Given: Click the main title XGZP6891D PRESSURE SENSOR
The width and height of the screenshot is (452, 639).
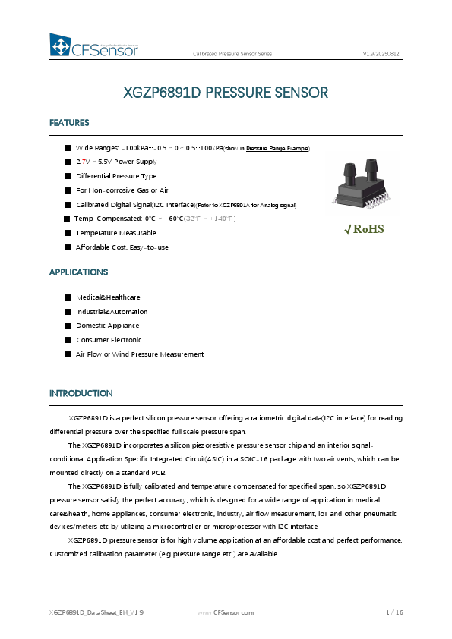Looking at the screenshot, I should pyautogui.click(x=226, y=93).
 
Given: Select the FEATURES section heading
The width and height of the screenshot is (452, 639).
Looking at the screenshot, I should pyautogui.click(x=69, y=123).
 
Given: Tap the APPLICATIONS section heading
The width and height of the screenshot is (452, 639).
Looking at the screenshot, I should pyautogui.click(x=78, y=272).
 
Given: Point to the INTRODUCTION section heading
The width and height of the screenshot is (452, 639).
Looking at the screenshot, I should pyautogui.click(x=81, y=393).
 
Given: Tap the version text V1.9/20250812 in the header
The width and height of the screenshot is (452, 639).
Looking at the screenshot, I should pyautogui.click(x=381, y=55).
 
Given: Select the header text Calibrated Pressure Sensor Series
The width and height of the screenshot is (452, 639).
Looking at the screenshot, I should pyautogui.click(x=232, y=55).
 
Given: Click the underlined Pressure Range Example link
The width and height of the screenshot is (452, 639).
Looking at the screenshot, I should pyautogui.click(x=277, y=148).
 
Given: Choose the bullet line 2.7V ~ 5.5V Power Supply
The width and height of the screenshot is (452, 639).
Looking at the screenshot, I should pyautogui.click(x=116, y=162).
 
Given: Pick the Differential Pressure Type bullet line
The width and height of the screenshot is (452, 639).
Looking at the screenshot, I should pyautogui.click(x=116, y=176).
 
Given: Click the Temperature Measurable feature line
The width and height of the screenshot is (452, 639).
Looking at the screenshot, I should pyautogui.click(x=115, y=233).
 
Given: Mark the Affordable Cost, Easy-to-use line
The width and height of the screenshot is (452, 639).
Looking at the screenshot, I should pyautogui.click(x=122, y=247).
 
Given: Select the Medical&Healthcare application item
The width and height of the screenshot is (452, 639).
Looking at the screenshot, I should pyautogui.click(x=108, y=297).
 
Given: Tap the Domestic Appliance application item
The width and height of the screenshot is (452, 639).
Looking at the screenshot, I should pyautogui.click(x=108, y=326).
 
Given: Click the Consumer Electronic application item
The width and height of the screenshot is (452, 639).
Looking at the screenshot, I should pyautogui.click(x=109, y=340).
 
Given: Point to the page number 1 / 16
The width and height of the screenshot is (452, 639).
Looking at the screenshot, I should pyautogui.click(x=394, y=612).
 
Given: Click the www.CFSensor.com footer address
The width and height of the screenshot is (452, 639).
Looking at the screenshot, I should pyautogui.click(x=226, y=612).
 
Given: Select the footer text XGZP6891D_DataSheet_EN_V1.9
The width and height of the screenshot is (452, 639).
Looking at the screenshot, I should pyautogui.click(x=96, y=612).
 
